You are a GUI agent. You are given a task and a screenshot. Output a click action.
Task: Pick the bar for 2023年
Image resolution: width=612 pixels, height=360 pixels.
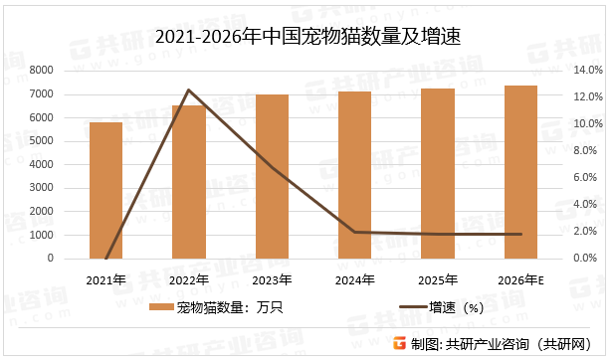(x=272, y=177)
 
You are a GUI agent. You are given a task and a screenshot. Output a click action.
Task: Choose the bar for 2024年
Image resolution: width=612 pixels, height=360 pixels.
(x=355, y=175)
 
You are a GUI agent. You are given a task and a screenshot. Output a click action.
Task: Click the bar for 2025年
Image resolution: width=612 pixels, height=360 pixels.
(x=439, y=174)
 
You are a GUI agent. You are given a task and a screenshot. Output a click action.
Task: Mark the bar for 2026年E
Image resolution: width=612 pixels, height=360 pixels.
(x=521, y=172)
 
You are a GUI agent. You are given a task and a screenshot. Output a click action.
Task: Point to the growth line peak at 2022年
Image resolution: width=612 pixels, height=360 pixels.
(x=189, y=90)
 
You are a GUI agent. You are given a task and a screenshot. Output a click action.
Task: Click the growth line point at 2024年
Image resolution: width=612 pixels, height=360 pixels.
(x=355, y=232)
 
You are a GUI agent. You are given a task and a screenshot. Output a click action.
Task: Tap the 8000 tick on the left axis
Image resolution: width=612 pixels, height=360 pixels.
(x=41, y=71)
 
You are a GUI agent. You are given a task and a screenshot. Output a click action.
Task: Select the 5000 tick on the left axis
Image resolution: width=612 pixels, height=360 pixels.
(x=41, y=141)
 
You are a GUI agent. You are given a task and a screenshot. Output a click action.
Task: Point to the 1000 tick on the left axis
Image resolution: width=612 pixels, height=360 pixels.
(x=41, y=235)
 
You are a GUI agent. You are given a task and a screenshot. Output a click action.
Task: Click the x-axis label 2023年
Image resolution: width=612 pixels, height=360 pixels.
(x=272, y=279)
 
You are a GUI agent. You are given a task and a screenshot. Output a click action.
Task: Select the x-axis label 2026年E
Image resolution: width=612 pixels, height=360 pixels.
(x=521, y=279)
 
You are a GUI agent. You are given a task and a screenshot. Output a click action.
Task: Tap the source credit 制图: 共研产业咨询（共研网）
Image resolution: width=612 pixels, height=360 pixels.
(x=503, y=344)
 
